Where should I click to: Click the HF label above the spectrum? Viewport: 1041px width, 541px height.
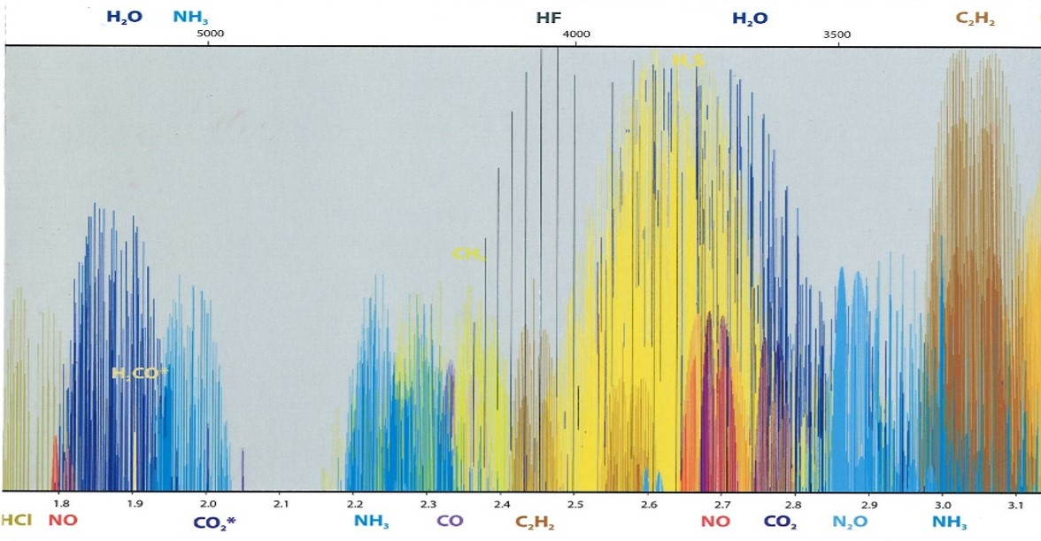(549, 18)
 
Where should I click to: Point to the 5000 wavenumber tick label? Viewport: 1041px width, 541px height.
(210, 35)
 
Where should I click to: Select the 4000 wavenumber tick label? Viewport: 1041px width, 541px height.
(576, 35)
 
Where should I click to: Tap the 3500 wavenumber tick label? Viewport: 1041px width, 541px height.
(837, 35)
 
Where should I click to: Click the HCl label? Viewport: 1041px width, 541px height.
(16, 521)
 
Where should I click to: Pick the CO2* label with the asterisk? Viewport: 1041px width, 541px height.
(214, 522)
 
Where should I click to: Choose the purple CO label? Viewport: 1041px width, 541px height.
(450, 521)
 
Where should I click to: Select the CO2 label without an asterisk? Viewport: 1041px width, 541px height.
(780, 522)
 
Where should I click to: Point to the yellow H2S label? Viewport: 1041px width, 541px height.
(688, 61)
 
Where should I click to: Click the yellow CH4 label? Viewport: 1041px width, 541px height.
(468, 254)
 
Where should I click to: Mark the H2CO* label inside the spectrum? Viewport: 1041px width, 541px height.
(140, 374)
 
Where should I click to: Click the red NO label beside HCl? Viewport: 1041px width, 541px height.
(63, 521)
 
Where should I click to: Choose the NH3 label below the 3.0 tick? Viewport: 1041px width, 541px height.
(949, 522)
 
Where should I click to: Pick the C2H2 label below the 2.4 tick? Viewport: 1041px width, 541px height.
(535, 522)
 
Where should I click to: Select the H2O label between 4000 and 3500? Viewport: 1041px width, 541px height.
(749, 18)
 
